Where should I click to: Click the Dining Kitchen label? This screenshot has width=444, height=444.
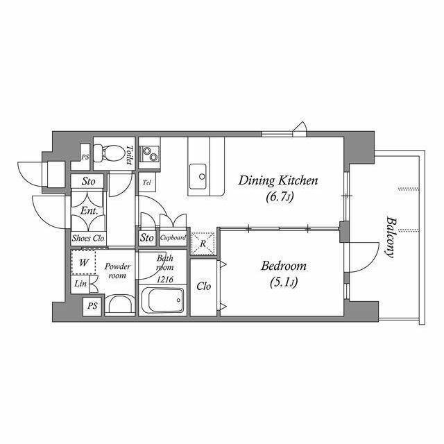(277, 180)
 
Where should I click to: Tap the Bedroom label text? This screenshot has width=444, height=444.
(284, 266)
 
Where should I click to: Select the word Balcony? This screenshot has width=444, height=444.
(391, 237)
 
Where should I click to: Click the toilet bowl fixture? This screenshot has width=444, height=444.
(110, 153)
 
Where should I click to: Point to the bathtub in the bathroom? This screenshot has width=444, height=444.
(162, 300)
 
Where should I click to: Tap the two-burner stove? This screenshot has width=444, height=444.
(149, 154)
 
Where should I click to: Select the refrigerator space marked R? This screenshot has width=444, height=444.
(203, 244)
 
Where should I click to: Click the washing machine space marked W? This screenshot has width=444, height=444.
(83, 262)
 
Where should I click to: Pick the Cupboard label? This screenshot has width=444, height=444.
(173, 237)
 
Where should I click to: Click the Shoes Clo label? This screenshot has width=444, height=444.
(88, 238)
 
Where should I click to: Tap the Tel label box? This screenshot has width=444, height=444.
(146, 182)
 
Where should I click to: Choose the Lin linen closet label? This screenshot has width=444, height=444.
(80, 283)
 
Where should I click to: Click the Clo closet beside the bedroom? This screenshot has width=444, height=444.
(204, 287)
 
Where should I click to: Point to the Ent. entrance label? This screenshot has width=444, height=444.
(89, 211)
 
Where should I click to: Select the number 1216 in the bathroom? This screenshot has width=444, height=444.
(165, 280)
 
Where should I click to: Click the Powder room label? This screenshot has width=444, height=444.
(117, 271)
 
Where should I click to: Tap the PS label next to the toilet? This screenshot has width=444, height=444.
(85, 157)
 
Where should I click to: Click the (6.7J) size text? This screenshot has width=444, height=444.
(279, 197)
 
